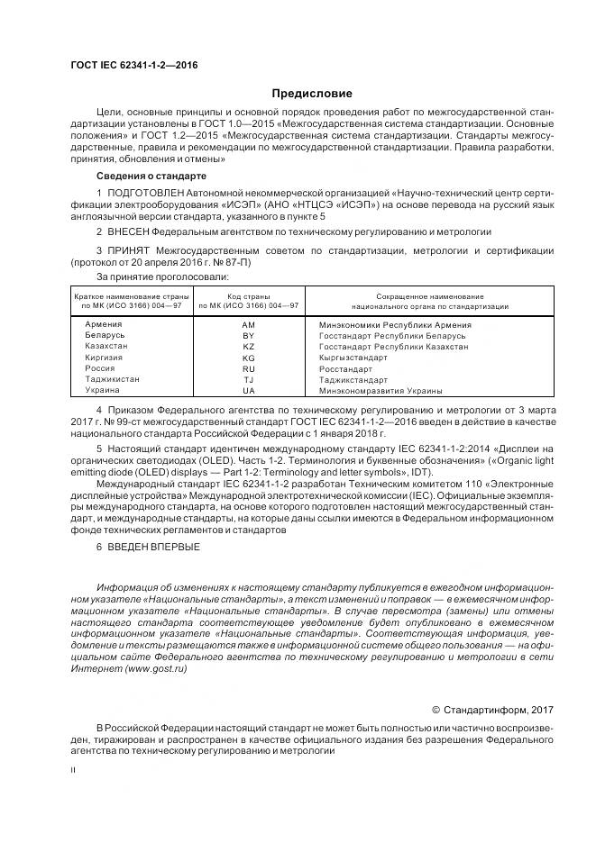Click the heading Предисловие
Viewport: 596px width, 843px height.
pos(311,93)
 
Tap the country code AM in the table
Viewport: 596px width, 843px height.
pos(249,324)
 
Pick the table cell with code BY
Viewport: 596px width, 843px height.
pos(249,335)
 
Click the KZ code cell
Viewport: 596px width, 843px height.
pos(249,347)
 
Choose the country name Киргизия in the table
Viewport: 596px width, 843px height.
pos(103,358)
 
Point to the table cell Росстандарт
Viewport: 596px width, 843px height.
pos(344,369)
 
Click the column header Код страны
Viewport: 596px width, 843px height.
pos(249,296)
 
